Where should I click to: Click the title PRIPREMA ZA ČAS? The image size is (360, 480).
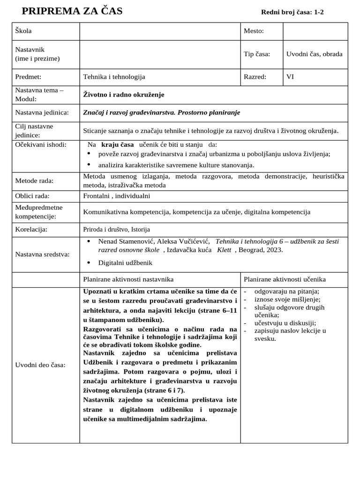pyautogui.click(x=72, y=11)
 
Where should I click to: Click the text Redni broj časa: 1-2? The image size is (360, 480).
pyautogui.click(x=292, y=12)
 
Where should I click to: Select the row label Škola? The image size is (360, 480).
pyautogui.click(x=23, y=31)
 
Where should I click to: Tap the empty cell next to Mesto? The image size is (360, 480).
pyautogui.click(x=315, y=31)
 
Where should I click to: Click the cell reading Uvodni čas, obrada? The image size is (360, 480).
pyautogui.click(x=314, y=54)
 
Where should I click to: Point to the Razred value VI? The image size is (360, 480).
pyautogui.click(x=290, y=77)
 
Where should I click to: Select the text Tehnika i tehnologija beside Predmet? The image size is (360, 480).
pyautogui.click(x=114, y=77)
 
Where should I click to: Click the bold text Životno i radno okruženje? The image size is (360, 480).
pyautogui.click(x=124, y=95)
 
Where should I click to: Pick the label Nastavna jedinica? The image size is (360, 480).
pyautogui.click(x=42, y=112)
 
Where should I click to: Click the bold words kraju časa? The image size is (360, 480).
pyautogui.click(x=117, y=145)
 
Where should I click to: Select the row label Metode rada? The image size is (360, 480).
pyautogui.click(x=34, y=181)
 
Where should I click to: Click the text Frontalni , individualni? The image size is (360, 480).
pyautogui.click(x=117, y=196)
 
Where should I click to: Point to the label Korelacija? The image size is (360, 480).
pyautogui.click(x=31, y=230)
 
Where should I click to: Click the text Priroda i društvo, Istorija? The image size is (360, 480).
pyautogui.click(x=119, y=230)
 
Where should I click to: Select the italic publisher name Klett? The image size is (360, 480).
pyautogui.click(x=224, y=250)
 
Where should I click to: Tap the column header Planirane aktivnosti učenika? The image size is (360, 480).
pyautogui.click(x=285, y=279)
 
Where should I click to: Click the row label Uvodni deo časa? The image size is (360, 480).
pyautogui.click(x=40, y=365)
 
